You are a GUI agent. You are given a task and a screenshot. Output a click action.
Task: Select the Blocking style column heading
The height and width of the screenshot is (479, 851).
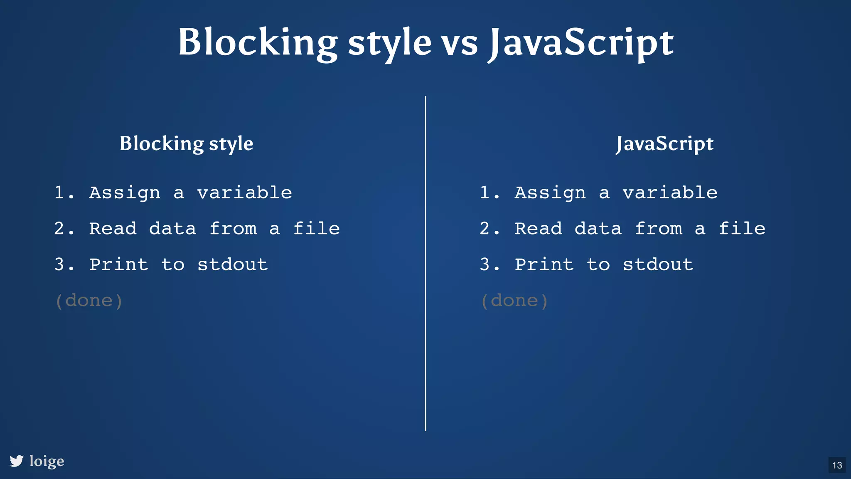pos(186,144)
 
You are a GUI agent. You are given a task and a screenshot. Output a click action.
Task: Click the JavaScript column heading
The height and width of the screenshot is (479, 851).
pos(664,144)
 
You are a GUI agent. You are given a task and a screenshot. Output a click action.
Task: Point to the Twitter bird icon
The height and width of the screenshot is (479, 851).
pos(17,461)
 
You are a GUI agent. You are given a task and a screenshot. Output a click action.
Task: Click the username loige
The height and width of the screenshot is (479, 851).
pos(47,461)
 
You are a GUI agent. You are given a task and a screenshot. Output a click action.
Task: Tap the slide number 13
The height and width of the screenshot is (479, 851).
pos(837,465)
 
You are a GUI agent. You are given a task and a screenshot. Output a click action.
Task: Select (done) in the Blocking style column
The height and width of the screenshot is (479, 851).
pos(89,301)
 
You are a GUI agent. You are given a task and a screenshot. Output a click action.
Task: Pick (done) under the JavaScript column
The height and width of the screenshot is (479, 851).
pos(514,301)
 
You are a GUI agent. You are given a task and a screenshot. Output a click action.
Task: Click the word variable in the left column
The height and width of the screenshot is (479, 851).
pos(244,193)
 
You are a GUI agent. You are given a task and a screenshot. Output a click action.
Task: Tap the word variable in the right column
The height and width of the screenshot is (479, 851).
pos(670,193)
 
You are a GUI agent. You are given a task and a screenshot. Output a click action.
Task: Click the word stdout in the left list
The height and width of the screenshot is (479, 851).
pos(232,264)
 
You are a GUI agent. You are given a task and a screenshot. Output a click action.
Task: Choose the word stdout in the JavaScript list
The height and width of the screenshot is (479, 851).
pos(658,264)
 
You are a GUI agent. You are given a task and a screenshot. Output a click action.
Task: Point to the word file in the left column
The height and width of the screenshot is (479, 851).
pos(316,228)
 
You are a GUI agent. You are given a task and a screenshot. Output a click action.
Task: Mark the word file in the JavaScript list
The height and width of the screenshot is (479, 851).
pos(742,228)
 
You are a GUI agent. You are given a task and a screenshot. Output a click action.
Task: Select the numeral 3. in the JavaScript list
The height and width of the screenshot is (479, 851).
pos(489,264)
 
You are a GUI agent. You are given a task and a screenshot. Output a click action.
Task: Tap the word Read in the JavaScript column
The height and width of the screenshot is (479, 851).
pos(538,228)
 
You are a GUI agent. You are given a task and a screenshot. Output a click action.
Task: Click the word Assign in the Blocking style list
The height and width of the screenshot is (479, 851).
pos(125,193)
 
